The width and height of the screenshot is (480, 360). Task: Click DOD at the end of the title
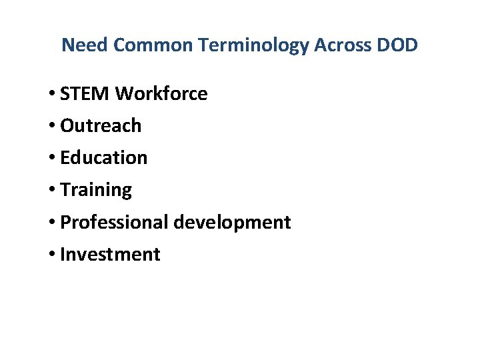pos(396,45)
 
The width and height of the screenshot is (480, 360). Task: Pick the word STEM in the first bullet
pos(85,94)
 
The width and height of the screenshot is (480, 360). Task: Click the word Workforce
pos(161,94)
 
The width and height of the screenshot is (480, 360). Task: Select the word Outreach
pos(101,126)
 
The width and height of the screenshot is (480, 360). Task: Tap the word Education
pos(103,158)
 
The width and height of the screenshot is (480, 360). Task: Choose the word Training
pos(96,190)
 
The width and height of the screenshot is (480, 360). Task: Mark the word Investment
pos(110,254)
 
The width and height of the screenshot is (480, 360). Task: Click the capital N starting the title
pos(67,45)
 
